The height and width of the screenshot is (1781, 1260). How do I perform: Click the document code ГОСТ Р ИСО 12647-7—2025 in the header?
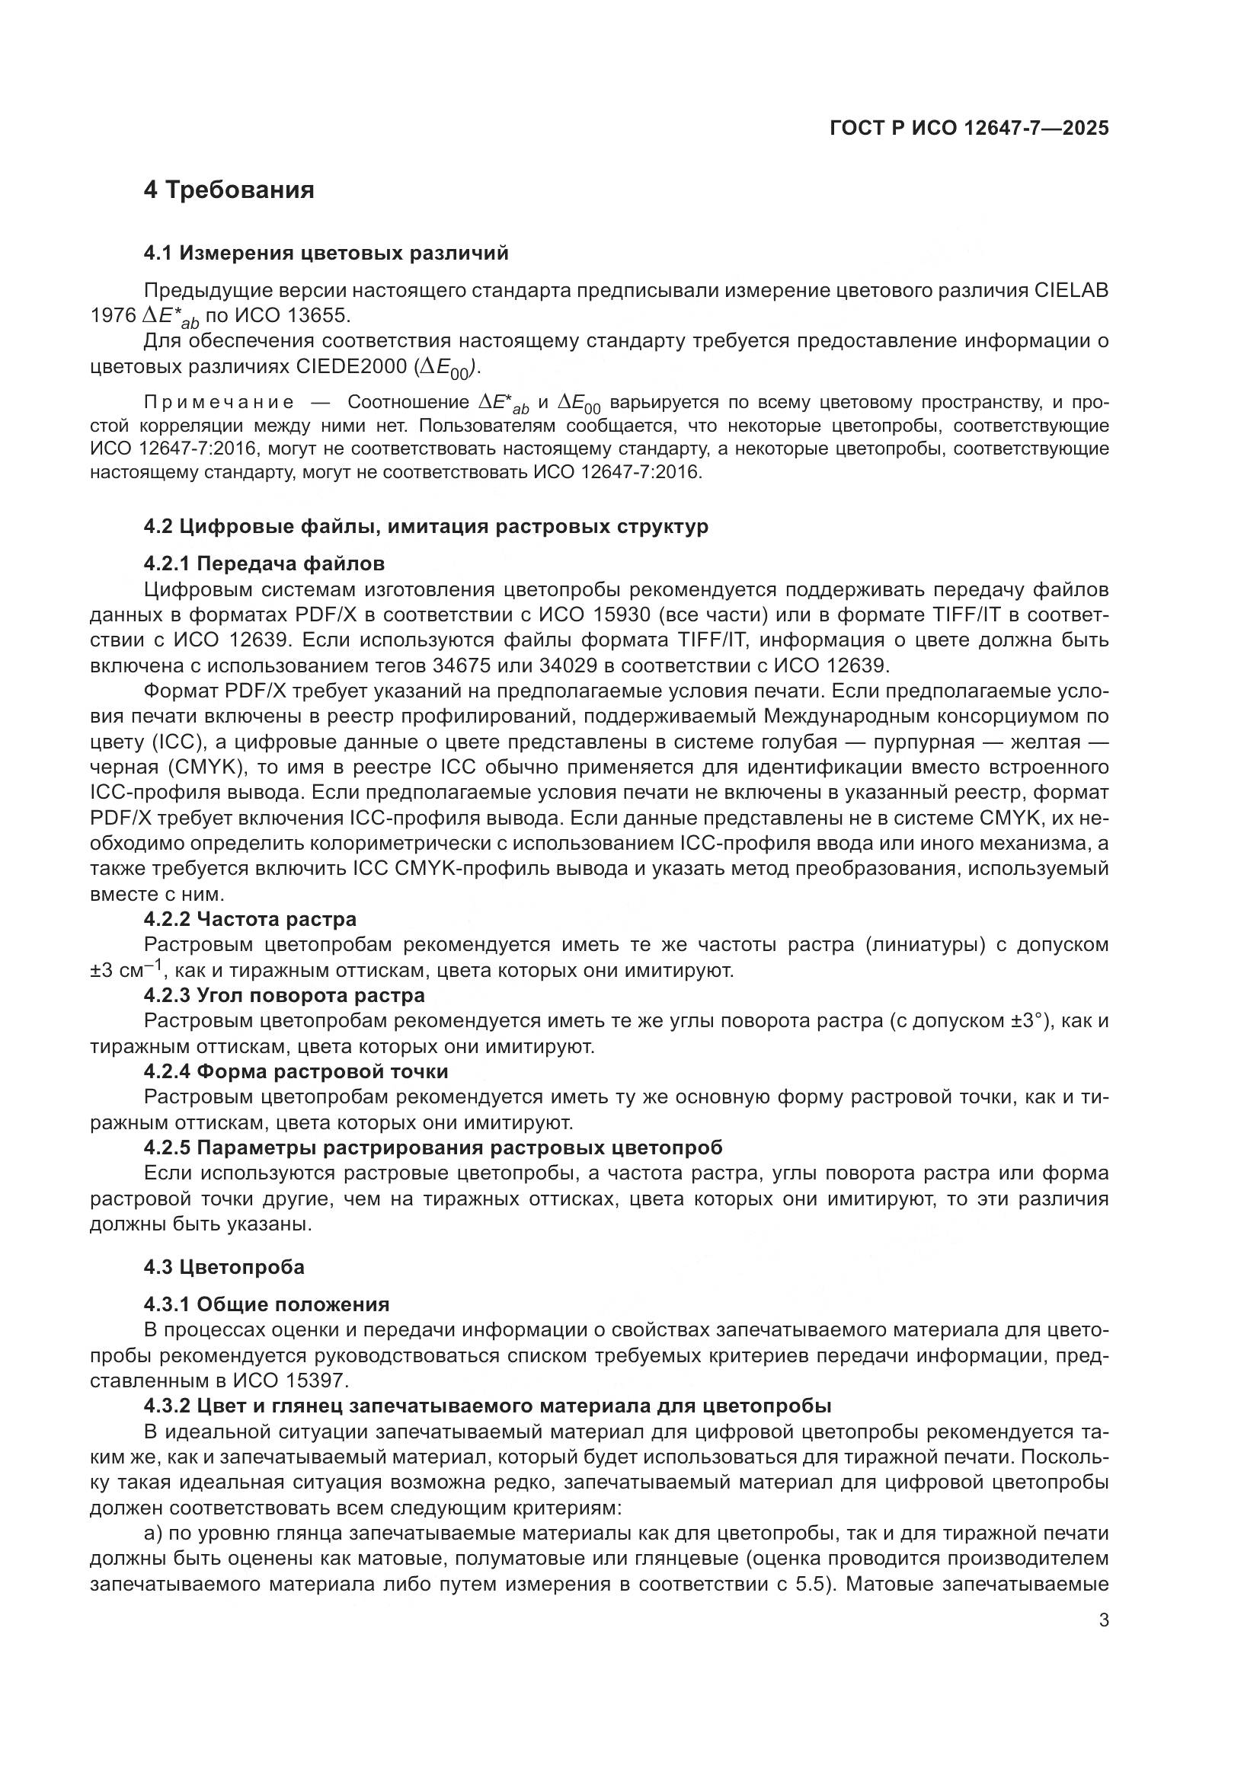click(x=969, y=128)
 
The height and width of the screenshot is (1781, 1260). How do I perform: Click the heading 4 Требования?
click(x=229, y=190)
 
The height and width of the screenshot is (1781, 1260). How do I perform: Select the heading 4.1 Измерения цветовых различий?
click(x=326, y=253)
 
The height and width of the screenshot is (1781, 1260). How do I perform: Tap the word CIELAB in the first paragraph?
click(x=1070, y=290)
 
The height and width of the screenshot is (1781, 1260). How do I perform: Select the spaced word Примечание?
click(x=219, y=403)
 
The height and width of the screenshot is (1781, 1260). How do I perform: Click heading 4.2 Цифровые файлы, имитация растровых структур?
click(x=426, y=526)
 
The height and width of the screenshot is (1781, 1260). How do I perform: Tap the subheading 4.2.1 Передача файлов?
click(x=264, y=563)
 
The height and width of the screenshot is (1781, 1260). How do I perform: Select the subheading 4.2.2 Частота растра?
click(x=250, y=919)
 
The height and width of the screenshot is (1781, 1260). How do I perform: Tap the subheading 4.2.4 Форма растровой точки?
click(x=296, y=1071)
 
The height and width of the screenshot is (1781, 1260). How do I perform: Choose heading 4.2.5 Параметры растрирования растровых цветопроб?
click(x=433, y=1147)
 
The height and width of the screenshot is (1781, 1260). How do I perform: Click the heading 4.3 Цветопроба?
click(x=224, y=1267)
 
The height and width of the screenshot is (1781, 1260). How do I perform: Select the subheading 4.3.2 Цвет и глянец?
click(x=488, y=1406)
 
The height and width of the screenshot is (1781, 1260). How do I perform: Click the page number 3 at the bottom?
click(x=1104, y=1620)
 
